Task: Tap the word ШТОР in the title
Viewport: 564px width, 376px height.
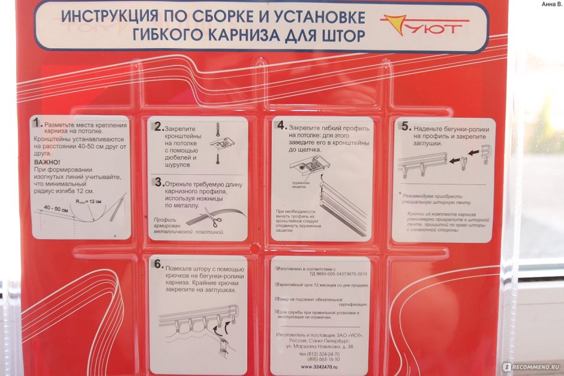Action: [343, 35]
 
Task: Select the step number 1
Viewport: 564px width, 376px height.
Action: [38, 123]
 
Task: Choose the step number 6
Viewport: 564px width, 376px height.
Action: [158, 264]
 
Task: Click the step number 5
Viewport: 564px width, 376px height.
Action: [406, 127]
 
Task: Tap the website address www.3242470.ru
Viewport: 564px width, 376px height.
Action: [319, 366]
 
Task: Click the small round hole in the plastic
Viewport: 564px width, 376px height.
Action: [256, 247]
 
